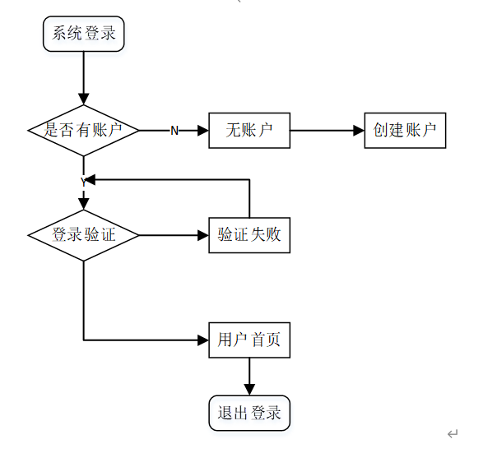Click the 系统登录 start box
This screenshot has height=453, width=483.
(84, 35)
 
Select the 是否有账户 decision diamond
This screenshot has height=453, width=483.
(83, 130)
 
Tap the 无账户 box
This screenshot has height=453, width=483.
(249, 130)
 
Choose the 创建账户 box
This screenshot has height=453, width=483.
(405, 130)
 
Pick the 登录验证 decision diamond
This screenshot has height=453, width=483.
(83, 235)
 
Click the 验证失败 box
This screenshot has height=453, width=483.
(249, 234)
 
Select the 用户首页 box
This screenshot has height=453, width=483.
(249, 340)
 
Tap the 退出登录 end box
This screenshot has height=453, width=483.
(249, 413)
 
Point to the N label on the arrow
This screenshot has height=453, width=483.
(174, 131)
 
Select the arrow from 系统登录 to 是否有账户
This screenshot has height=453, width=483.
(83, 78)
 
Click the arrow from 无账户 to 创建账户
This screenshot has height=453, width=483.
(327, 130)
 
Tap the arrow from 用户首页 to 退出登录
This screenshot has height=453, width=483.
(249, 377)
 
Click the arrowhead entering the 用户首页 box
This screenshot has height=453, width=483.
(203, 340)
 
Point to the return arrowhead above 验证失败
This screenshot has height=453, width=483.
(91, 178)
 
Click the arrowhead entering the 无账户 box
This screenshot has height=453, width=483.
(203, 130)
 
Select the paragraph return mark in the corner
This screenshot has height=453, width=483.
(453, 433)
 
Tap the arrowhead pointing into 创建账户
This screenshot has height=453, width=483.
(359, 130)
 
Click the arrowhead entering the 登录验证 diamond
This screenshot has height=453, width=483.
(83, 204)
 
